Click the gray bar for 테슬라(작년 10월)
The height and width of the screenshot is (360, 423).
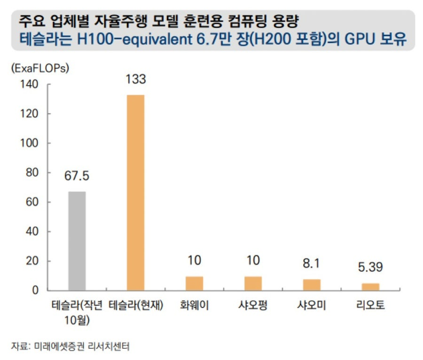[x=77, y=241]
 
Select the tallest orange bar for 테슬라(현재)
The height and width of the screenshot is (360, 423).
[x=136, y=192]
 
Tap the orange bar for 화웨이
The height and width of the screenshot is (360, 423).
[x=194, y=283]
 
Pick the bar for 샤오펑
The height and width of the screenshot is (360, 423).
[x=253, y=283]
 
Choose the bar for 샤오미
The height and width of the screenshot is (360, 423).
[x=312, y=285]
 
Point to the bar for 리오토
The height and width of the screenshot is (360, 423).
[x=370, y=287]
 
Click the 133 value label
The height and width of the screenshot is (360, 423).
[x=135, y=79]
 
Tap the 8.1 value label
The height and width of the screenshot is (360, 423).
[x=312, y=264]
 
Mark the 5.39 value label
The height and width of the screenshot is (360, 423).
[x=370, y=267]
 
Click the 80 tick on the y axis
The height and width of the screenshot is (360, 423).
[x=31, y=172]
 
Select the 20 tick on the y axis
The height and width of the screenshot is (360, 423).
[x=31, y=261]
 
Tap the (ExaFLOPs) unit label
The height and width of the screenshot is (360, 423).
[x=39, y=68]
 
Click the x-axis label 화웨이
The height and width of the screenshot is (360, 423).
[x=194, y=306]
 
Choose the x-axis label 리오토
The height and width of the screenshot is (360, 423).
[x=370, y=306]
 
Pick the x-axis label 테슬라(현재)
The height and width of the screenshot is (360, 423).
[x=136, y=306]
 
